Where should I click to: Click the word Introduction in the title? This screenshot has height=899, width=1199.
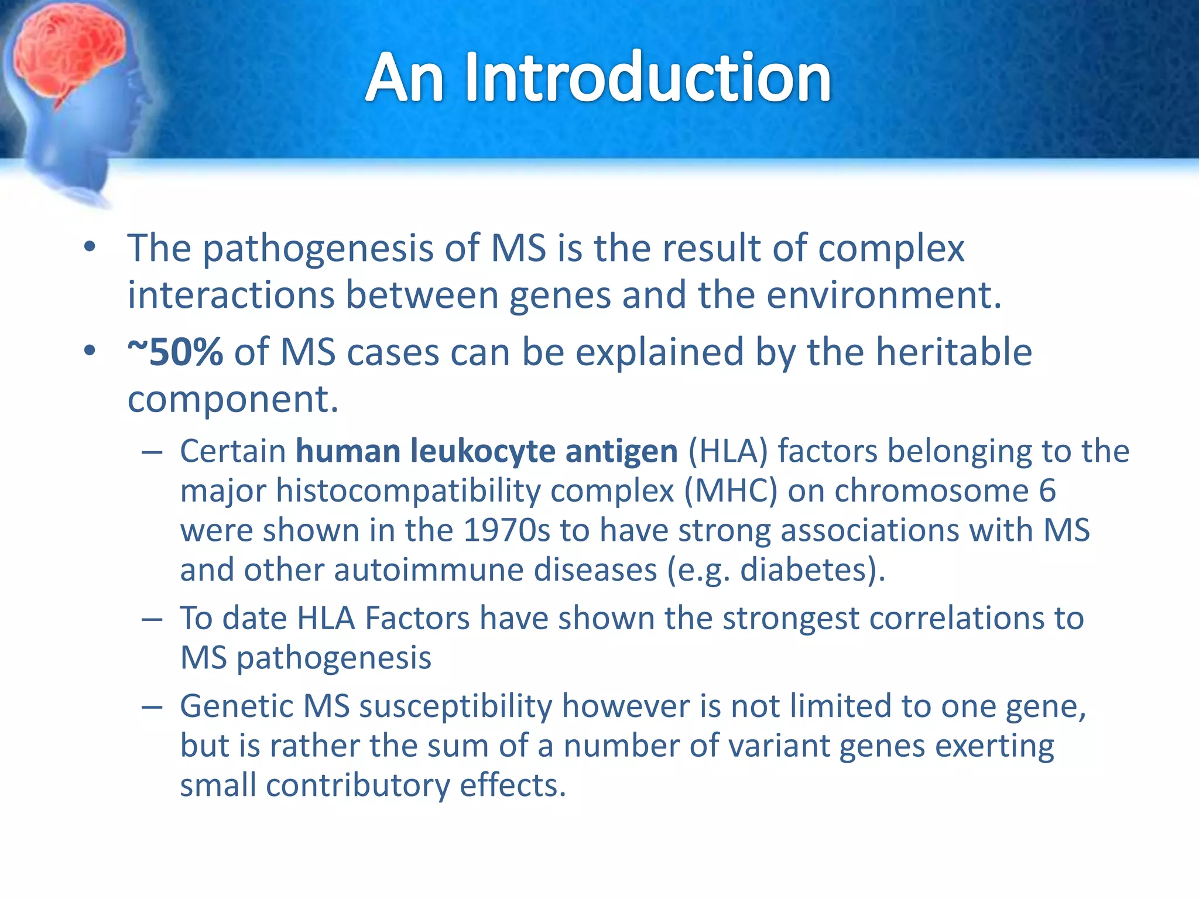[648, 78]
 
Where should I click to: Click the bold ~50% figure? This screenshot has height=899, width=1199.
[175, 353]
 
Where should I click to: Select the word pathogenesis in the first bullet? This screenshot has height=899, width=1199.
[317, 249]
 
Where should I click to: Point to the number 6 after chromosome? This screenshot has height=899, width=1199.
[1047, 490]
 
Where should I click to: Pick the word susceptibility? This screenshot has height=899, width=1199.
[455, 706]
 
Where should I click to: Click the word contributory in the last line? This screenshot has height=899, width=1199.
[358, 785]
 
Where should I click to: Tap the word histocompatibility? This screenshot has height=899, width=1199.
[408, 490]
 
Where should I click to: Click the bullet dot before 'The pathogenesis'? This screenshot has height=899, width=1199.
[89, 248]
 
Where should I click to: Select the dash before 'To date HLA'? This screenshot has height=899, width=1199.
[152, 619]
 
